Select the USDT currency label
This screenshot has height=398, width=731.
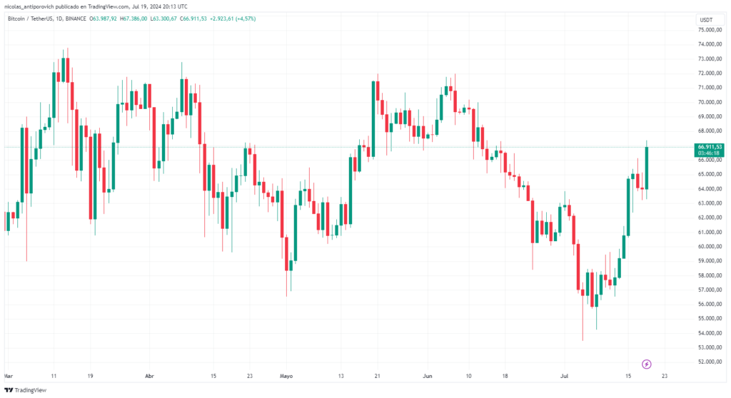(706, 20)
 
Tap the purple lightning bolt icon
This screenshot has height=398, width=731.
(647, 364)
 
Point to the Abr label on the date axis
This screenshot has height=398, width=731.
(149, 375)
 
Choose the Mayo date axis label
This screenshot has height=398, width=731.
(286, 375)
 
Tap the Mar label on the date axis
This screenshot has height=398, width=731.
(7, 375)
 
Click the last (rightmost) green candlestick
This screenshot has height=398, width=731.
(647, 168)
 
